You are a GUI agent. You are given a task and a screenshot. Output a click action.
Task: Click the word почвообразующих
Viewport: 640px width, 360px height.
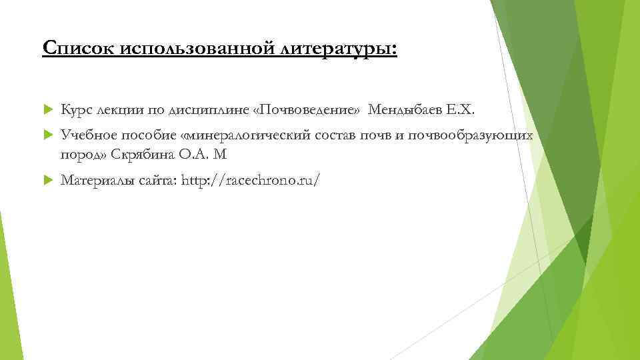tap(474, 136)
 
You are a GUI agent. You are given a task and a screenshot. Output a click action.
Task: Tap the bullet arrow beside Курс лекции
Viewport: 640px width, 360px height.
tap(47, 109)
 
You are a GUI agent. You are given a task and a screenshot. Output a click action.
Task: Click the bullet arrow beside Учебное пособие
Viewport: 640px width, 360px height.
tap(47, 136)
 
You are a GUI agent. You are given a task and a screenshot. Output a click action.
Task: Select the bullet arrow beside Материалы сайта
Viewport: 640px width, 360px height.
tap(47, 179)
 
